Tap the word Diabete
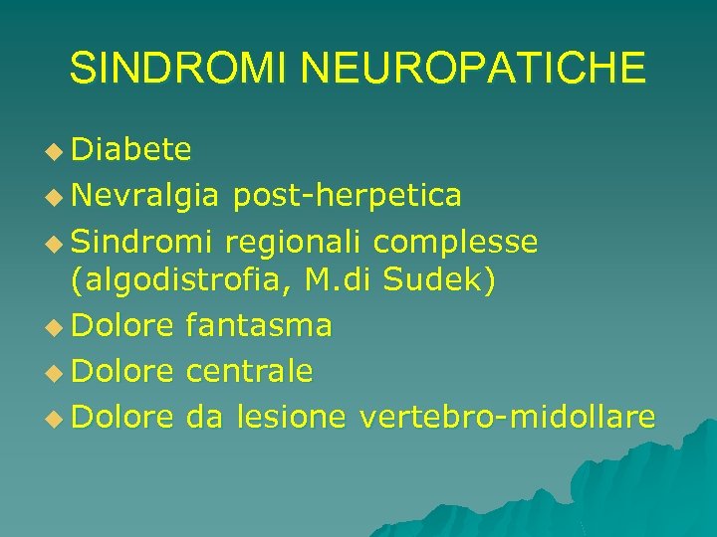click(x=131, y=149)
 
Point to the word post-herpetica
click(x=347, y=196)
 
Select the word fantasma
click(x=259, y=324)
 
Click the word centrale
click(x=249, y=371)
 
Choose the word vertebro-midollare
click(x=507, y=417)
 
